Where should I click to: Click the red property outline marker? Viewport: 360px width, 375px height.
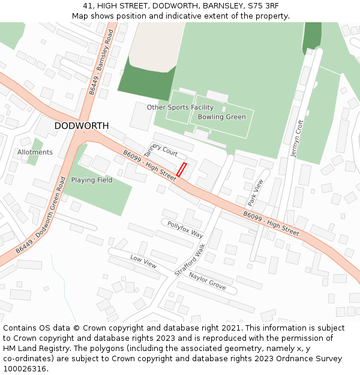click(182, 169)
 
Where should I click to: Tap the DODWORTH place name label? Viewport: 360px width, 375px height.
click(82, 126)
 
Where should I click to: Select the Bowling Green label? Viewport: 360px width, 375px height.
click(221, 117)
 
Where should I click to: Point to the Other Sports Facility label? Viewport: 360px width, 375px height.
click(180, 107)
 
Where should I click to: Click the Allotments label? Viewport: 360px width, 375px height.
click(35, 152)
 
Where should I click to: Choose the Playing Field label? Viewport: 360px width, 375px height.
click(92, 180)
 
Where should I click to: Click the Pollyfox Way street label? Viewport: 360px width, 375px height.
click(185, 230)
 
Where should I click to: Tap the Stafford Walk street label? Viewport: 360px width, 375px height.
click(190, 259)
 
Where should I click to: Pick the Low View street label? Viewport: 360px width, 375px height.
click(143, 261)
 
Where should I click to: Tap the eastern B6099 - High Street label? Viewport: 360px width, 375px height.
click(271, 222)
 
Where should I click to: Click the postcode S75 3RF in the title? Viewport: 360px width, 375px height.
click(264, 6)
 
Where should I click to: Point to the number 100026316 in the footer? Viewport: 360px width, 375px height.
click(26, 368)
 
